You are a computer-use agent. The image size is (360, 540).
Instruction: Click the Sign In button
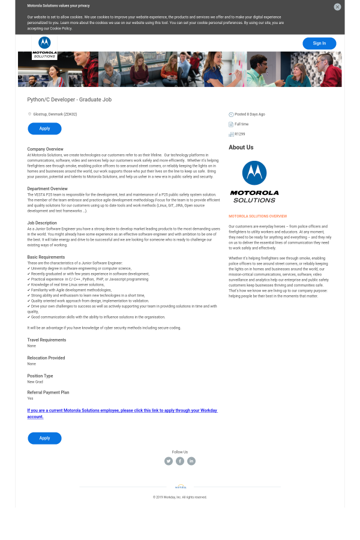319,43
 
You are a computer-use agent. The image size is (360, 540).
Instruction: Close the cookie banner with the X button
337,7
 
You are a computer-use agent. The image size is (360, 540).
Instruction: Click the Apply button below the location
44,128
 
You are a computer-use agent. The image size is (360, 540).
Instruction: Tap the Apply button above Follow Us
44,438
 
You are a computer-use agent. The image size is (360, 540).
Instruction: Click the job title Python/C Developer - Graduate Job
70,100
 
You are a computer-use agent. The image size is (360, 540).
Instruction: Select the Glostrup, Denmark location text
55,114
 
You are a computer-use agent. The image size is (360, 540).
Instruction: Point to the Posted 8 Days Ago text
250,114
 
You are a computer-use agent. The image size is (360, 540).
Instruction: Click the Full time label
241,124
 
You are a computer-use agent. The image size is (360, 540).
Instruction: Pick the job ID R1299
239,134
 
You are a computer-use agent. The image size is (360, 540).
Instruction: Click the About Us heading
241,147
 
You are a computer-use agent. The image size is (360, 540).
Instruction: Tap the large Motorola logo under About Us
254,181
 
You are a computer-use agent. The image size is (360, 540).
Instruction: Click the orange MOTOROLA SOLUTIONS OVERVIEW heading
257,216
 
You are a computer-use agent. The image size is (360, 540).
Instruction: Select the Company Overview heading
45,149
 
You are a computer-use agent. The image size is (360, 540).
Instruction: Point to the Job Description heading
42,223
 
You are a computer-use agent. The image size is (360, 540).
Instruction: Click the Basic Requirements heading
46,257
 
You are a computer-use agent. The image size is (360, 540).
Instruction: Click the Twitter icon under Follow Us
169,461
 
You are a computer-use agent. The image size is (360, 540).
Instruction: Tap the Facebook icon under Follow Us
180,461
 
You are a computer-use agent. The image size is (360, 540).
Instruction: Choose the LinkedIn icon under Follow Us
191,461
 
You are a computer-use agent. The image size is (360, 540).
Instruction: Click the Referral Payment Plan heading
48,392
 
